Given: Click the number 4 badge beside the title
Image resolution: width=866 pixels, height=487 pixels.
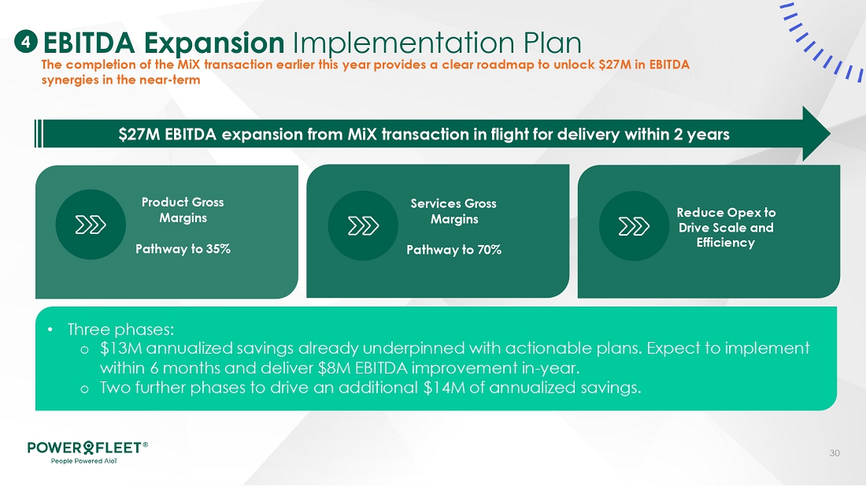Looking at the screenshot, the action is click(x=25, y=42).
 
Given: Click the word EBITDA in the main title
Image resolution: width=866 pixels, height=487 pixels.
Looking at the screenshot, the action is click(x=89, y=43).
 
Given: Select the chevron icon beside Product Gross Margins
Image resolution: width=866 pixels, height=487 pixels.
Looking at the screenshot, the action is click(x=91, y=225).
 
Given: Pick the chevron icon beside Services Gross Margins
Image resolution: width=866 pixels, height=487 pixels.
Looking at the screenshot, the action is click(x=363, y=225).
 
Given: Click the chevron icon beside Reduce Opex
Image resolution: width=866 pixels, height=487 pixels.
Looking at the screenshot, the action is click(x=634, y=226).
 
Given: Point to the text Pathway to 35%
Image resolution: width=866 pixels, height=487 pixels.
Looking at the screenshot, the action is click(x=183, y=249).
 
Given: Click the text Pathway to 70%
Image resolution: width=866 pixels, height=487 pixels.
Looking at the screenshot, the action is click(x=454, y=250).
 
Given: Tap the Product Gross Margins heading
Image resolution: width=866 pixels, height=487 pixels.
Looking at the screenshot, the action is click(x=183, y=210).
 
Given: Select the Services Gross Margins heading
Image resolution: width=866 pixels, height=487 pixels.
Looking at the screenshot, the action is click(x=453, y=211).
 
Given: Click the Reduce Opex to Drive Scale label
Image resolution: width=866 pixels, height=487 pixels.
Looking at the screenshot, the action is click(x=726, y=227).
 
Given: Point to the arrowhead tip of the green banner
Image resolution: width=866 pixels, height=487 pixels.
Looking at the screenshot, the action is click(x=830, y=134).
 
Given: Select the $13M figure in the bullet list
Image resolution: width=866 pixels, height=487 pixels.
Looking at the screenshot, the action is click(x=120, y=348).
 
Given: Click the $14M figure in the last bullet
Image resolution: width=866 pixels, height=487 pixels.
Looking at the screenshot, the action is click(x=444, y=387).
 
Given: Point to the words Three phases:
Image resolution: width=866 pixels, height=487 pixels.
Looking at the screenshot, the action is click(x=120, y=329).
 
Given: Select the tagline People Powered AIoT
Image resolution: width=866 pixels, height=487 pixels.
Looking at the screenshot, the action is click(x=84, y=461).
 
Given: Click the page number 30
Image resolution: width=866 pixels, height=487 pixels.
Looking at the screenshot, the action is click(x=835, y=453).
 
